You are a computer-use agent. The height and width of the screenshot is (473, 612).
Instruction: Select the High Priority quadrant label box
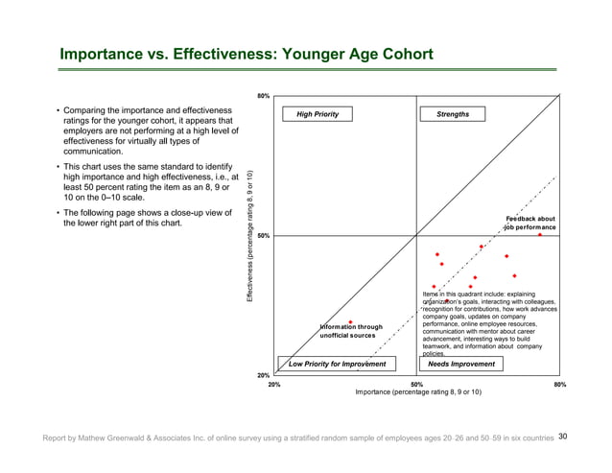tap(310, 114)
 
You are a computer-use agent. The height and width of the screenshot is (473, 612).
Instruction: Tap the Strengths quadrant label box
tap(452, 114)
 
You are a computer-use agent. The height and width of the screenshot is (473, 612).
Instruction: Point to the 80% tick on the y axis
tap(264, 96)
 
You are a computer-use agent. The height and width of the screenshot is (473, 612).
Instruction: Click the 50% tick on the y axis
tap(264, 235)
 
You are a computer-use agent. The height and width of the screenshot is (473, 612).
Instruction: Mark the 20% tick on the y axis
tap(264, 374)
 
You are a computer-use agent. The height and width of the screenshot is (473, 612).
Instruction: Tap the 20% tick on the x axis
tap(273, 384)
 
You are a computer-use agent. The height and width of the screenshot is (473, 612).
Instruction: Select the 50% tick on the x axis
tap(416, 384)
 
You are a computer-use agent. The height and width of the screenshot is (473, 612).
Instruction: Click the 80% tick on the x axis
tap(559, 384)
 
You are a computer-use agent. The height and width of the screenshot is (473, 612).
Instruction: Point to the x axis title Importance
tap(418, 392)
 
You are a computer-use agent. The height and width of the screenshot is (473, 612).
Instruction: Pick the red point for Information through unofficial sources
tap(352, 322)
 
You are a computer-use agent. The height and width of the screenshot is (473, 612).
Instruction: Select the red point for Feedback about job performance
tap(540, 234)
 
